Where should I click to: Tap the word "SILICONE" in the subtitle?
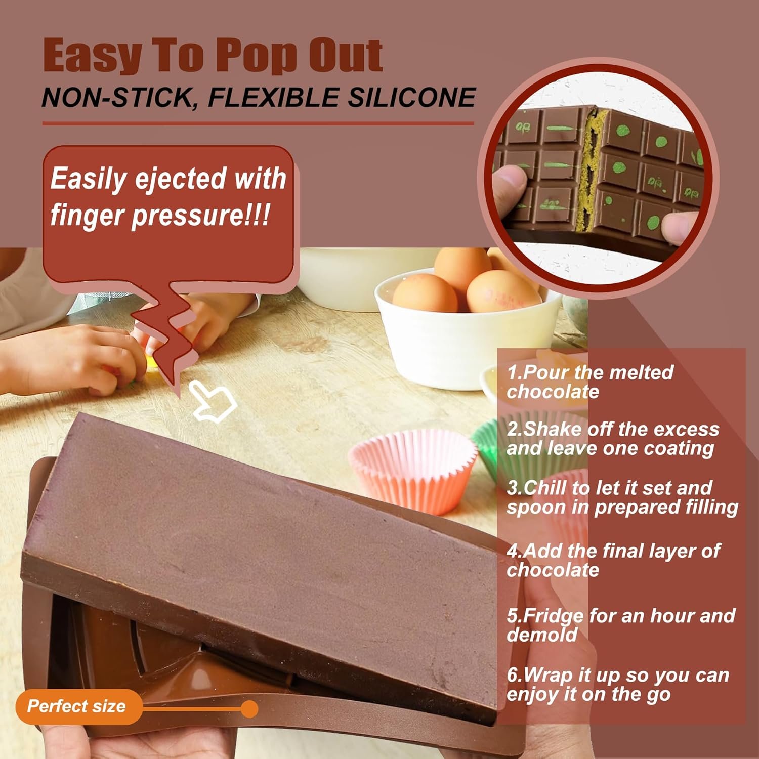[x=411, y=97]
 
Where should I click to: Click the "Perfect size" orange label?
[x=76, y=706]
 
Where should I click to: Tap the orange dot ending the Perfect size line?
[x=249, y=709]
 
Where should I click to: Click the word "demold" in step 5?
[x=542, y=635]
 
